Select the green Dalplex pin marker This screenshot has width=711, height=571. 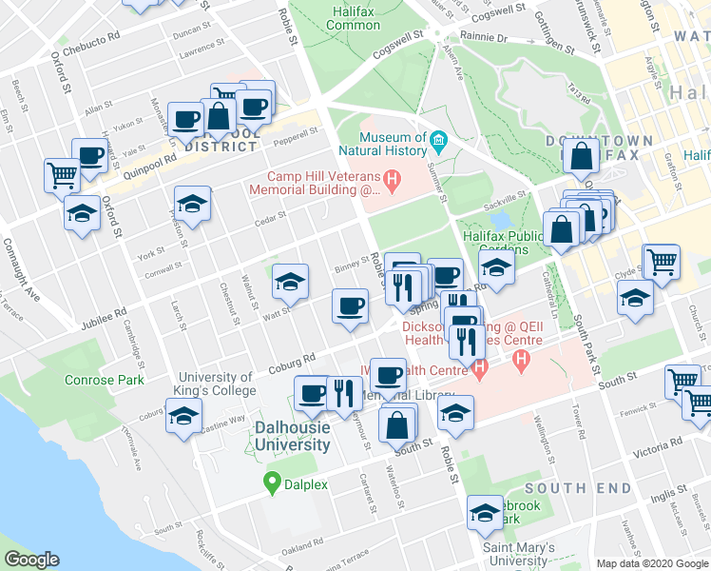point(273,483)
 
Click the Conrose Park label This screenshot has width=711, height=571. point(105,380)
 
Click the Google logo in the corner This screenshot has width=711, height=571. point(31,560)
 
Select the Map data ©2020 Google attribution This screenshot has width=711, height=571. point(652,563)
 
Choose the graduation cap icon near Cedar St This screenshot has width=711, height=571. point(192,204)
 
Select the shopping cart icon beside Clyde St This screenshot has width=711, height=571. point(662,261)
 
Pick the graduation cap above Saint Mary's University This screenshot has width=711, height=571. point(485,513)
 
